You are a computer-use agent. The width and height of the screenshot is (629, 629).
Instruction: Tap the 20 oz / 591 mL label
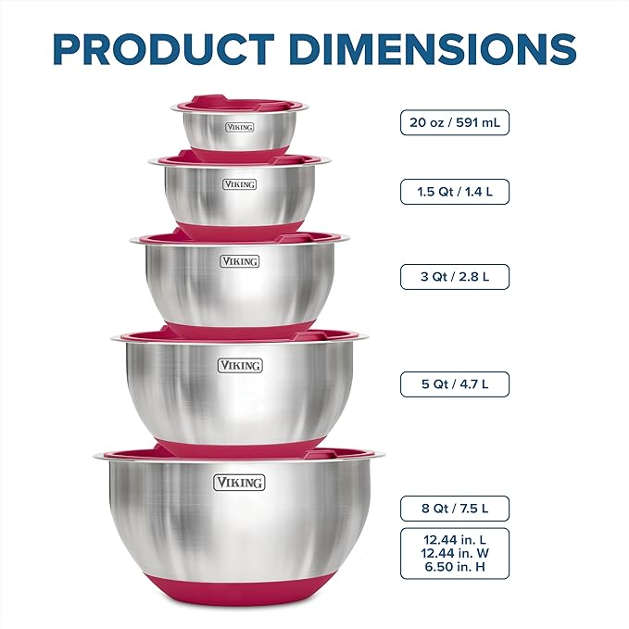(x=454, y=122)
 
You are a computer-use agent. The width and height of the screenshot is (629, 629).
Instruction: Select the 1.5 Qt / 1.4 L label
(x=454, y=192)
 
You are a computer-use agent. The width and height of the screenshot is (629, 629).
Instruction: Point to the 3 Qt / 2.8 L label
(x=454, y=276)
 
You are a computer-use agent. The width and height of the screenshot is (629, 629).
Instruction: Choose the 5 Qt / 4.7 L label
(x=454, y=384)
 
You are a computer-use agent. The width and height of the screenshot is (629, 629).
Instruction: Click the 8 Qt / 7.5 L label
(x=454, y=508)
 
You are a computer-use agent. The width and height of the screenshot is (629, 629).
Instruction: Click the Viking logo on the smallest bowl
(x=238, y=127)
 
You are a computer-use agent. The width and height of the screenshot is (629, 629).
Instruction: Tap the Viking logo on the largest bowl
(x=239, y=483)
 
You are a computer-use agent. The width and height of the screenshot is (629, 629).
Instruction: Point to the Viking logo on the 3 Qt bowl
(x=239, y=261)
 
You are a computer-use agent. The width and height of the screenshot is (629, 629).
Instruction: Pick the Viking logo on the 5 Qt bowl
(x=239, y=366)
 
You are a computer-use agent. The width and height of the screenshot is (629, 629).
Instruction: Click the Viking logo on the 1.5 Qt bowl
(x=239, y=184)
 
